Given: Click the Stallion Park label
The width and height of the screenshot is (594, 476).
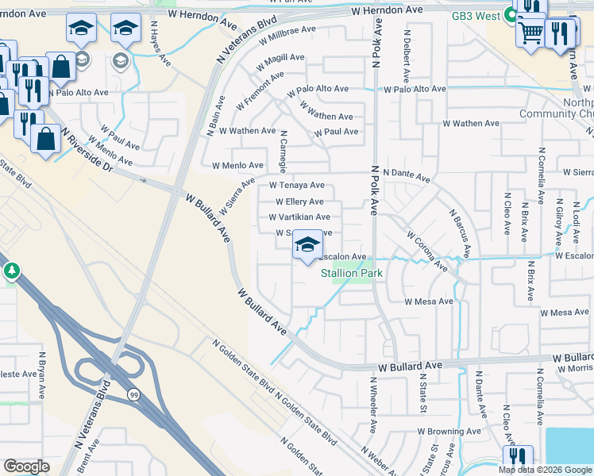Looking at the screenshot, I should pos(352,274).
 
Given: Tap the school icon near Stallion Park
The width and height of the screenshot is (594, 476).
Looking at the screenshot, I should pos(307,246).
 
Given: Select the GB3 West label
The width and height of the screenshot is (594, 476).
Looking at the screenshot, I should pos(479,16).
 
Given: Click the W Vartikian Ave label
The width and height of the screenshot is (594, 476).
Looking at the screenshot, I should pos(299,217).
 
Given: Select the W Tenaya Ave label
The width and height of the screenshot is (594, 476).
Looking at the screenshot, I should pos(296,185).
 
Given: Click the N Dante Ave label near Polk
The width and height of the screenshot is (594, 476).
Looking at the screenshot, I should pos(406,172).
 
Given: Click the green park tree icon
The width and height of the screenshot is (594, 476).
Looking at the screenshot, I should pos(11,272).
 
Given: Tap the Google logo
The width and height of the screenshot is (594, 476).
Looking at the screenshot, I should pos(26,466).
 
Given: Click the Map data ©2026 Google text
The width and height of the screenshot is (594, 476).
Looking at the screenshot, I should pos(544,470).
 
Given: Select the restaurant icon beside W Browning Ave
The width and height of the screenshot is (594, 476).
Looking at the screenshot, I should pos(516,457).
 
